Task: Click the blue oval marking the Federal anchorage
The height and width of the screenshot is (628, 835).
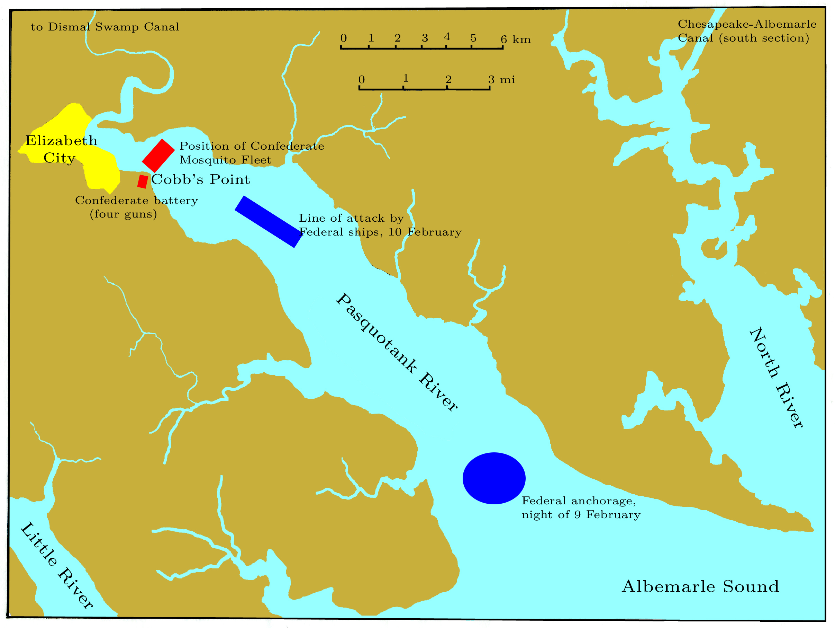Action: pos(494,478)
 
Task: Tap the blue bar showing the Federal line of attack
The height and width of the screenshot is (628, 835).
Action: pos(269,221)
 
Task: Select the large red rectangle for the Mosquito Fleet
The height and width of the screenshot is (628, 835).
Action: pos(158,155)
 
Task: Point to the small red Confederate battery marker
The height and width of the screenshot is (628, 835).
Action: pos(142,182)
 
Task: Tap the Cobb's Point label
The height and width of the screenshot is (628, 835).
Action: pos(200,179)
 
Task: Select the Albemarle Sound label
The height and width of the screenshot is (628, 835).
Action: pos(700,586)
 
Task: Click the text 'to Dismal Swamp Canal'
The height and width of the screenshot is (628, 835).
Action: pos(105,27)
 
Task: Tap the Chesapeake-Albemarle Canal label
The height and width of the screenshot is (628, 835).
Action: pos(747,31)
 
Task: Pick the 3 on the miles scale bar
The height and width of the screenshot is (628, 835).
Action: pos(491,79)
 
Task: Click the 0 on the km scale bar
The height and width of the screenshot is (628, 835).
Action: pos(343,38)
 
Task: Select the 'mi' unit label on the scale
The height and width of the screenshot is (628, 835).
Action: pos(507,80)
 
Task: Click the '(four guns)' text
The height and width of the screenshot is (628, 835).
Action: pos(123,214)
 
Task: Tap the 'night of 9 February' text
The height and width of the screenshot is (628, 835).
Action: pos(581,515)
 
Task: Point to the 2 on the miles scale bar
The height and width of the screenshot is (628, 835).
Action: pos(448,79)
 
